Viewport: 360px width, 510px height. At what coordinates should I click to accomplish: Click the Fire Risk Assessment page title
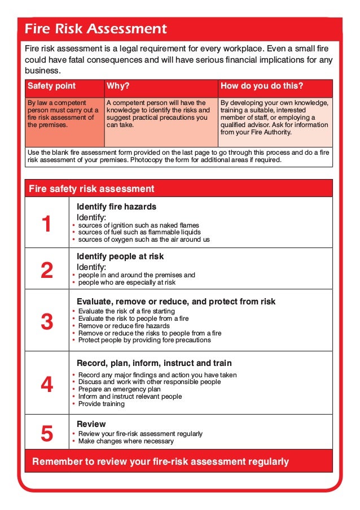(96, 29)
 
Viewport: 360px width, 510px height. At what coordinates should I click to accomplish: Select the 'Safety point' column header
(51, 86)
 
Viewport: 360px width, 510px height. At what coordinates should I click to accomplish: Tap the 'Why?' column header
(118, 86)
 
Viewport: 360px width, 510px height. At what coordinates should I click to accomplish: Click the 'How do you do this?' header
(262, 86)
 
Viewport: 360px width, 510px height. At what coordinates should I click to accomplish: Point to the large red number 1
(47, 224)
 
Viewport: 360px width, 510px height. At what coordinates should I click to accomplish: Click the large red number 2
(47, 271)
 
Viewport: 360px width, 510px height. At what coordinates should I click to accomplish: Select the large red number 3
(47, 322)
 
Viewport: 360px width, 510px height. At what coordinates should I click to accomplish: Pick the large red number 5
(47, 434)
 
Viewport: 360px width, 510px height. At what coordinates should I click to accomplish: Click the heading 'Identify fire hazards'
(116, 207)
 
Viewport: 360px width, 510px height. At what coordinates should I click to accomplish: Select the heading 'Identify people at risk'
(120, 256)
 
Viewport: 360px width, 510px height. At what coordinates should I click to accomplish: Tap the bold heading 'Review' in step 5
(91, 424)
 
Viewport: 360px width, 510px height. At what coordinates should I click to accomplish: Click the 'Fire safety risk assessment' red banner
(91, 189)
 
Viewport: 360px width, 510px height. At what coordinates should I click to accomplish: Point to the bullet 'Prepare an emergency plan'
(119, 389)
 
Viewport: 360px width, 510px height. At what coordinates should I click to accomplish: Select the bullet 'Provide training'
(101, 404)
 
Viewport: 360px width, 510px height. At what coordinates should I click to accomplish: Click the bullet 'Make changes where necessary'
(126, 441)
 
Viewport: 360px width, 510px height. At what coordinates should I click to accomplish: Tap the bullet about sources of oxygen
(144, 239)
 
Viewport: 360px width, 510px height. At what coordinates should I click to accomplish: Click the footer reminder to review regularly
(160, 462)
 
